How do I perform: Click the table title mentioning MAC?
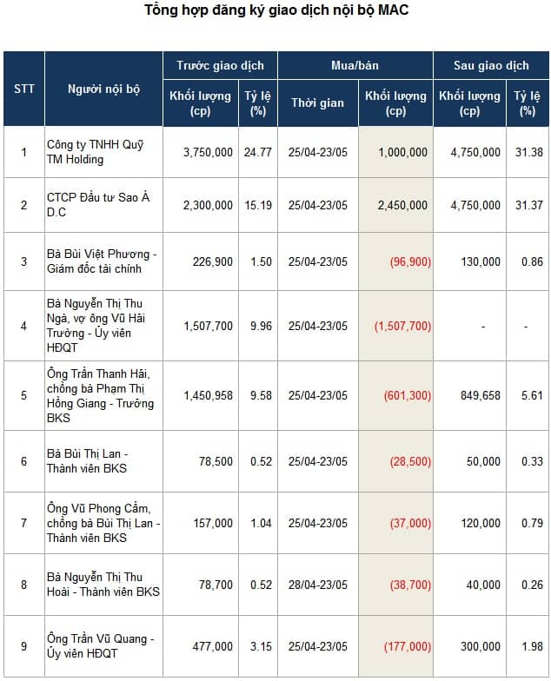(x=276, y=10)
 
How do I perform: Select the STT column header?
(x=24, y=89)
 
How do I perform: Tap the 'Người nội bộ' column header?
(x=104, y=89)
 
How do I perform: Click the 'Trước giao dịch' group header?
(x=220, y=66)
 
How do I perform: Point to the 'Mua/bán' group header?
(x=355, y=66)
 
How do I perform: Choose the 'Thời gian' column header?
(x=317, y=102)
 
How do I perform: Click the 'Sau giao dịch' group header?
(x=491, y=66)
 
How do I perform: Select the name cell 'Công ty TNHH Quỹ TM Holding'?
(x=96, y=152)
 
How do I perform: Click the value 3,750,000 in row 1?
(x=208, y=153)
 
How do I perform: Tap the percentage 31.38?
(x=528, y=153)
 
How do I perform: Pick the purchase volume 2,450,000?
(x=402, y=205)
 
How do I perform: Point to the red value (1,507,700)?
(x=403, y=327)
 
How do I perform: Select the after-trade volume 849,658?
(x=480, y=396)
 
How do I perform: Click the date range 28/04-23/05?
(x=318, y=585)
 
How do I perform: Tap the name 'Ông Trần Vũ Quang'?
(x=97, y=639)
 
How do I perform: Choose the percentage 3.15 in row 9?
(x=261, y=646)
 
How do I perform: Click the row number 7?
(x=24, y=523)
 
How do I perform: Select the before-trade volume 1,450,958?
(x=208, y=396)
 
